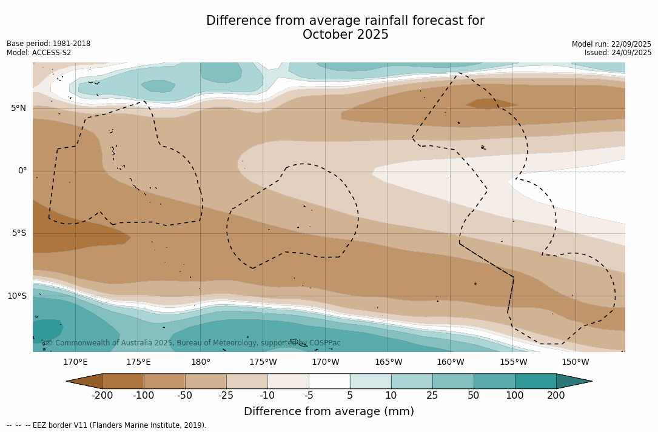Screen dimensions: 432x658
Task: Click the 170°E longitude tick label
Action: click(75, 362)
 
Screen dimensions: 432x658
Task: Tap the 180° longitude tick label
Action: click(201, 362)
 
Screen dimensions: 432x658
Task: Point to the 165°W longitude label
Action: click(388, 362)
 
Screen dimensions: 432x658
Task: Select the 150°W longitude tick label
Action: click(575, 362)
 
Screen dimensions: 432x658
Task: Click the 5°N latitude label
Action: click(18, 108)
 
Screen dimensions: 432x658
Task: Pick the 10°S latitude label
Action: click(16, 296)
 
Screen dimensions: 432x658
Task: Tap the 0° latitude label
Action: click(22, 170)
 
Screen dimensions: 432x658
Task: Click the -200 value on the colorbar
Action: click(102, 396)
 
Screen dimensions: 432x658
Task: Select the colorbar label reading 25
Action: click(432, 396)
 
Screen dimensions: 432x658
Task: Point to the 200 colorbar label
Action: click(556, 396)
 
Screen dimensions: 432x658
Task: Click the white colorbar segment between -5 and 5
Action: click(329, 381)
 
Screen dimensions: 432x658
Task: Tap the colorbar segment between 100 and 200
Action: click(535, 381)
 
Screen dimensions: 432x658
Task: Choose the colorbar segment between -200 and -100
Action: click(123, 381)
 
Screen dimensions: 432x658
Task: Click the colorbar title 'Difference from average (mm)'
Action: click(329, 411)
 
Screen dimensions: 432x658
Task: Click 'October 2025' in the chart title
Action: click(345, 35)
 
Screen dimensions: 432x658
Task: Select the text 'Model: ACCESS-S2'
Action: click(39, 53)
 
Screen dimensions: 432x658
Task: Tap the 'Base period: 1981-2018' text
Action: click(49, 44)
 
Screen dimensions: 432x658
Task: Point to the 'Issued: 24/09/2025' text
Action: click(618, 53)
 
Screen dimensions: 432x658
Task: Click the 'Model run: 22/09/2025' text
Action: click(611, 44)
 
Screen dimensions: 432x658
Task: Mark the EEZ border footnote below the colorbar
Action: click(107, 425)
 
